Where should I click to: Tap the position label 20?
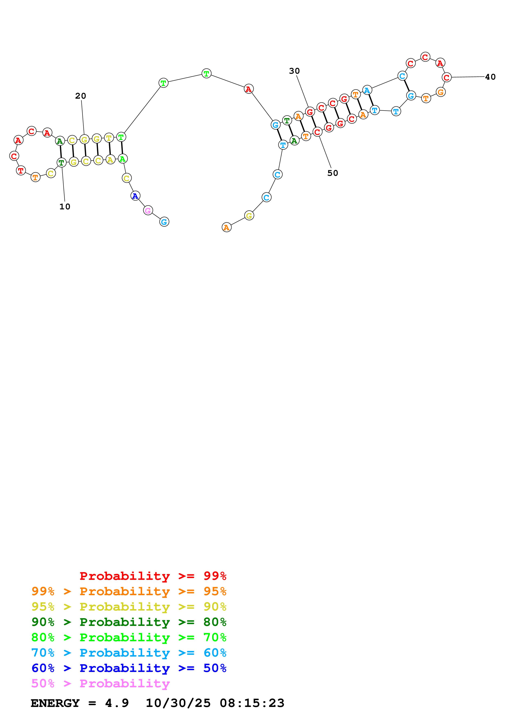(x=81, y=96)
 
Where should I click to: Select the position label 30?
(x=294, y=71)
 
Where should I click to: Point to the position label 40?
(x=490, y=77)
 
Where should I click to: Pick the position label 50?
(x=333, y=173)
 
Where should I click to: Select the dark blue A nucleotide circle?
(x=135, y=196)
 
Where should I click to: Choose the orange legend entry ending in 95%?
(x=129, y=591)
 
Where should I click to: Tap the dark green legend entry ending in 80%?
(x=129, y=622)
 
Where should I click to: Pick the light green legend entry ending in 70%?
(x=129, y=637)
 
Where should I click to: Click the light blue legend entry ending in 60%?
(x=129, y=653)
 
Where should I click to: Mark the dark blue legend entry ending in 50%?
(x=129, y=668)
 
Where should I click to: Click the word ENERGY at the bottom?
(x=55, y=703)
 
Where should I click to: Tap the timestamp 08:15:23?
(x=252, y=703)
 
